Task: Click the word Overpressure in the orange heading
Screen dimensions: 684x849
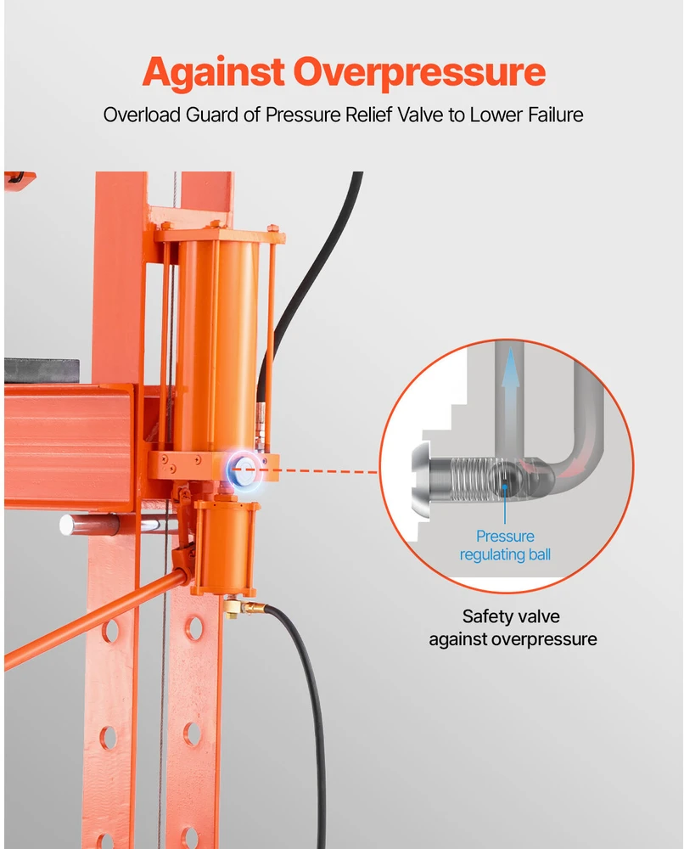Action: [419, 72]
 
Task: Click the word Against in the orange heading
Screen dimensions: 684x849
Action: [213, 72]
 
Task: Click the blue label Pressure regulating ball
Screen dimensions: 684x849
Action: [505, 545]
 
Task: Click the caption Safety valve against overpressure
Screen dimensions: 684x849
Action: [513, 627]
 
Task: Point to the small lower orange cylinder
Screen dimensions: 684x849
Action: [225, 547]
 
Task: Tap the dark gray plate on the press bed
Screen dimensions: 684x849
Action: [42, 370]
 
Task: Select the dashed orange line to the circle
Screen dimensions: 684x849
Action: [319, 470]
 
